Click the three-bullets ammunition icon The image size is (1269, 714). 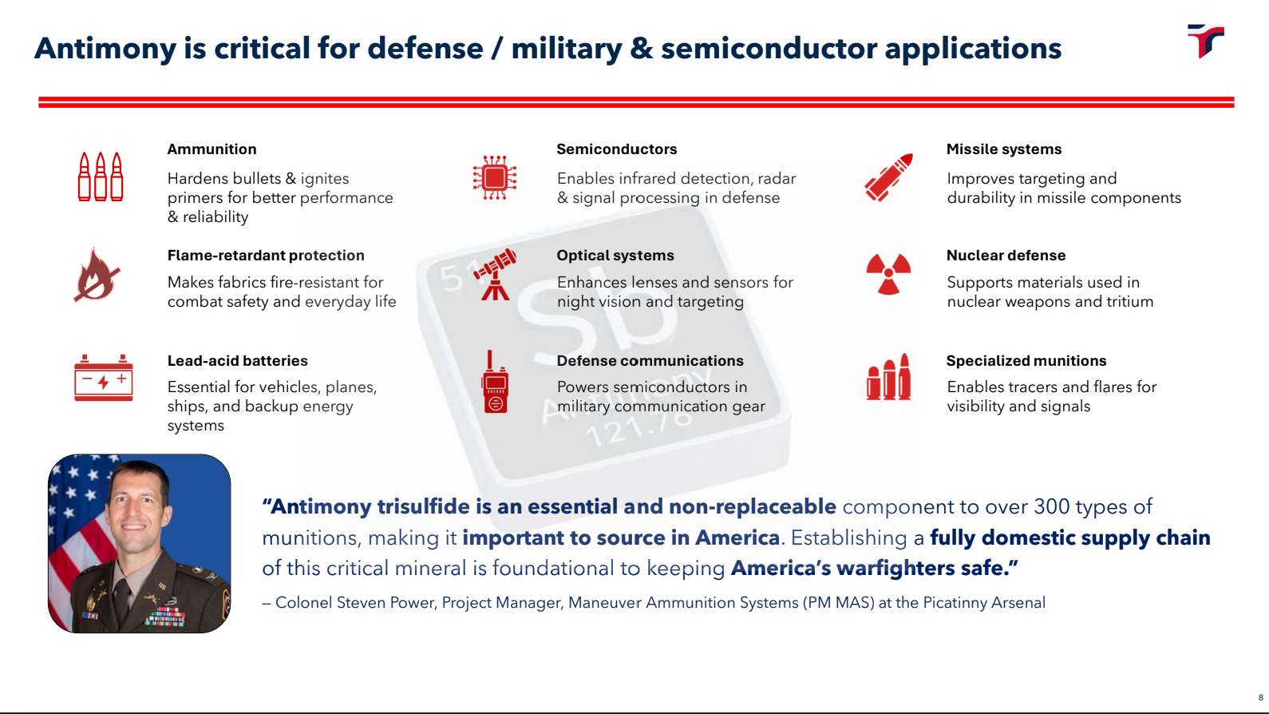coord(101,177)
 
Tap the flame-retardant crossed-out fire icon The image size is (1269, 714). coord(97,275)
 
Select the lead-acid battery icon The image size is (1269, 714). coord(103,378)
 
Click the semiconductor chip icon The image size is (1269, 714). coord(494,177)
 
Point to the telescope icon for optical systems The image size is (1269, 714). coord(495,275)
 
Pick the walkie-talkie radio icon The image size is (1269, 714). coord(495,383)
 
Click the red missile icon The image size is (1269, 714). coord(888,177)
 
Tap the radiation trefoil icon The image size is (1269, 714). coord(888,275)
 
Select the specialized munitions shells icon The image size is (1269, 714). coord(888,378)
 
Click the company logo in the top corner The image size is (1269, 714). coord(1205,40)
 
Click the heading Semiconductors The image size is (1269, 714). coord(616,149)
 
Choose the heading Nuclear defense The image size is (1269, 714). coord(1006,256)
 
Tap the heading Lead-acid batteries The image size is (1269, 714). coord(237,361)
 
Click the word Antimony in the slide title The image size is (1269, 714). coord(105,49)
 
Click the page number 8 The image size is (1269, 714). coord(1261,697)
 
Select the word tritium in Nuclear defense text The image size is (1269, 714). coord(1129,302)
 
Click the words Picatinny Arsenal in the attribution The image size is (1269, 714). coord(983,603)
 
